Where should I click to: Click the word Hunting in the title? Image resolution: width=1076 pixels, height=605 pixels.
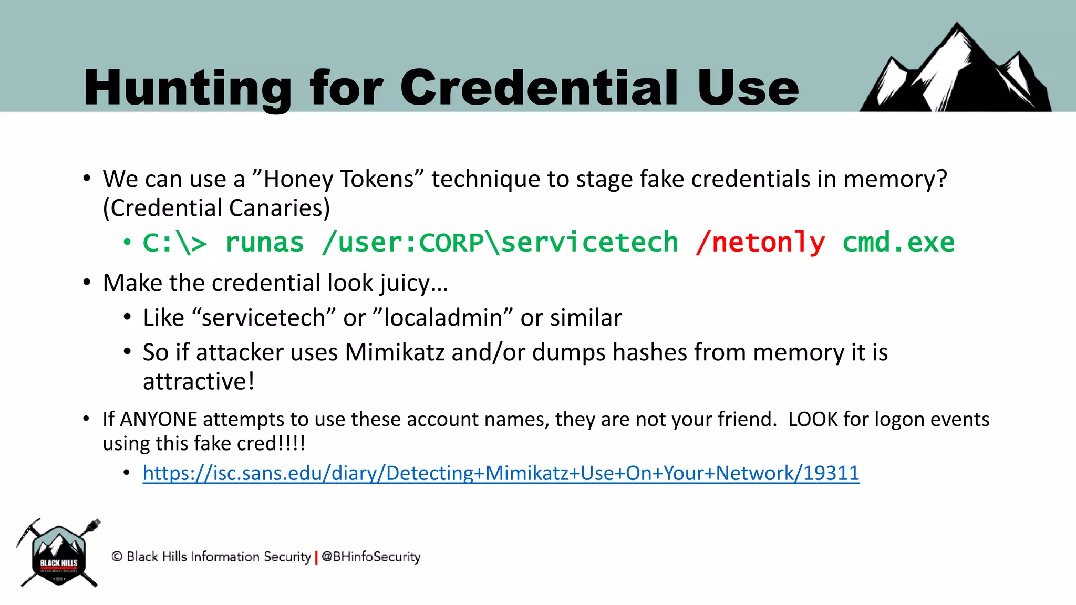pyautogui.click(x=187, y=88)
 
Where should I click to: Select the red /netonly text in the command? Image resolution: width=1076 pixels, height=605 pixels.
pyautogui.click(x=760, y=243)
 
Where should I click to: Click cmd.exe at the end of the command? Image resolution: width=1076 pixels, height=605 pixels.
pyautogui.click(x=898, y=243)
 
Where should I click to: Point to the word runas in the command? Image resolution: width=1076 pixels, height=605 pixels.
pyautogui.click(x=264, y=243)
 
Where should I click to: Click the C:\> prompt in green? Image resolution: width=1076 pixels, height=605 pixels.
pyautogui.click(x=175, y=243)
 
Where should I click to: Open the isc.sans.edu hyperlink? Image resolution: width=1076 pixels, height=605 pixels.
pyautogui.click(x=501, y=473)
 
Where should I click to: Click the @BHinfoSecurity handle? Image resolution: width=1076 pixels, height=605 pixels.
pyautogui.click(x=371, y=557)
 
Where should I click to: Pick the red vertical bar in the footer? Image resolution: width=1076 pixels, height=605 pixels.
pyautogui.click(x=316, y=557)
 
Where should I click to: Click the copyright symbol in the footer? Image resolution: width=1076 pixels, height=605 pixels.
pyautogui.click(x=117, y=557)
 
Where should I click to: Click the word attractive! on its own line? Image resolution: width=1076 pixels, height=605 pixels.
pyautogui.click(x=199, y=381)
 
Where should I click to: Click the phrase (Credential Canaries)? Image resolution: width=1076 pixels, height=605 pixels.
pyautogui.click(x=216, y=208)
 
